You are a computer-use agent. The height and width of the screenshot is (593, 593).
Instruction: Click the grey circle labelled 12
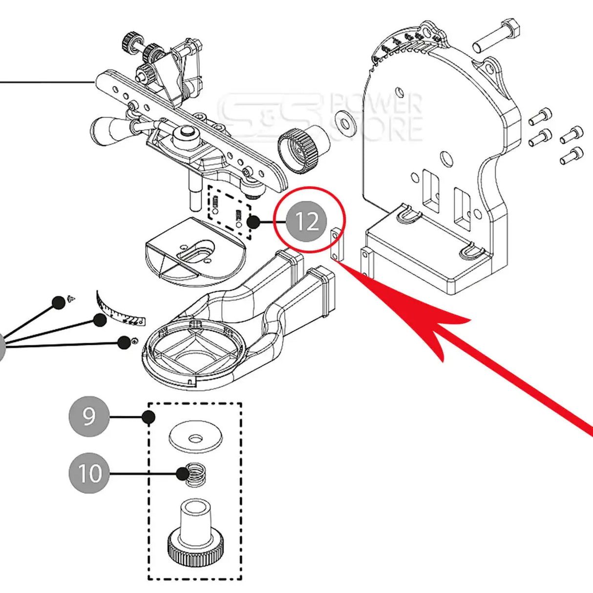[x=306, y=222]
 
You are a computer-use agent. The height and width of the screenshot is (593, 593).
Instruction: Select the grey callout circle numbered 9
[x=89, y=417]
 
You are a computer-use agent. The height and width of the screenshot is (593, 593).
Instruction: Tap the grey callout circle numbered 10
[x=89, y=473]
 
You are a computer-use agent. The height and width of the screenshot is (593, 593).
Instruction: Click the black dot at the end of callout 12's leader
[x=254, y=222]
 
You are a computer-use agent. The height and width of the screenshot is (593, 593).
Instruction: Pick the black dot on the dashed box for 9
[x=149, y=417]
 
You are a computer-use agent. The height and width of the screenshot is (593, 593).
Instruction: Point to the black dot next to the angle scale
[x=100, y=320]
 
